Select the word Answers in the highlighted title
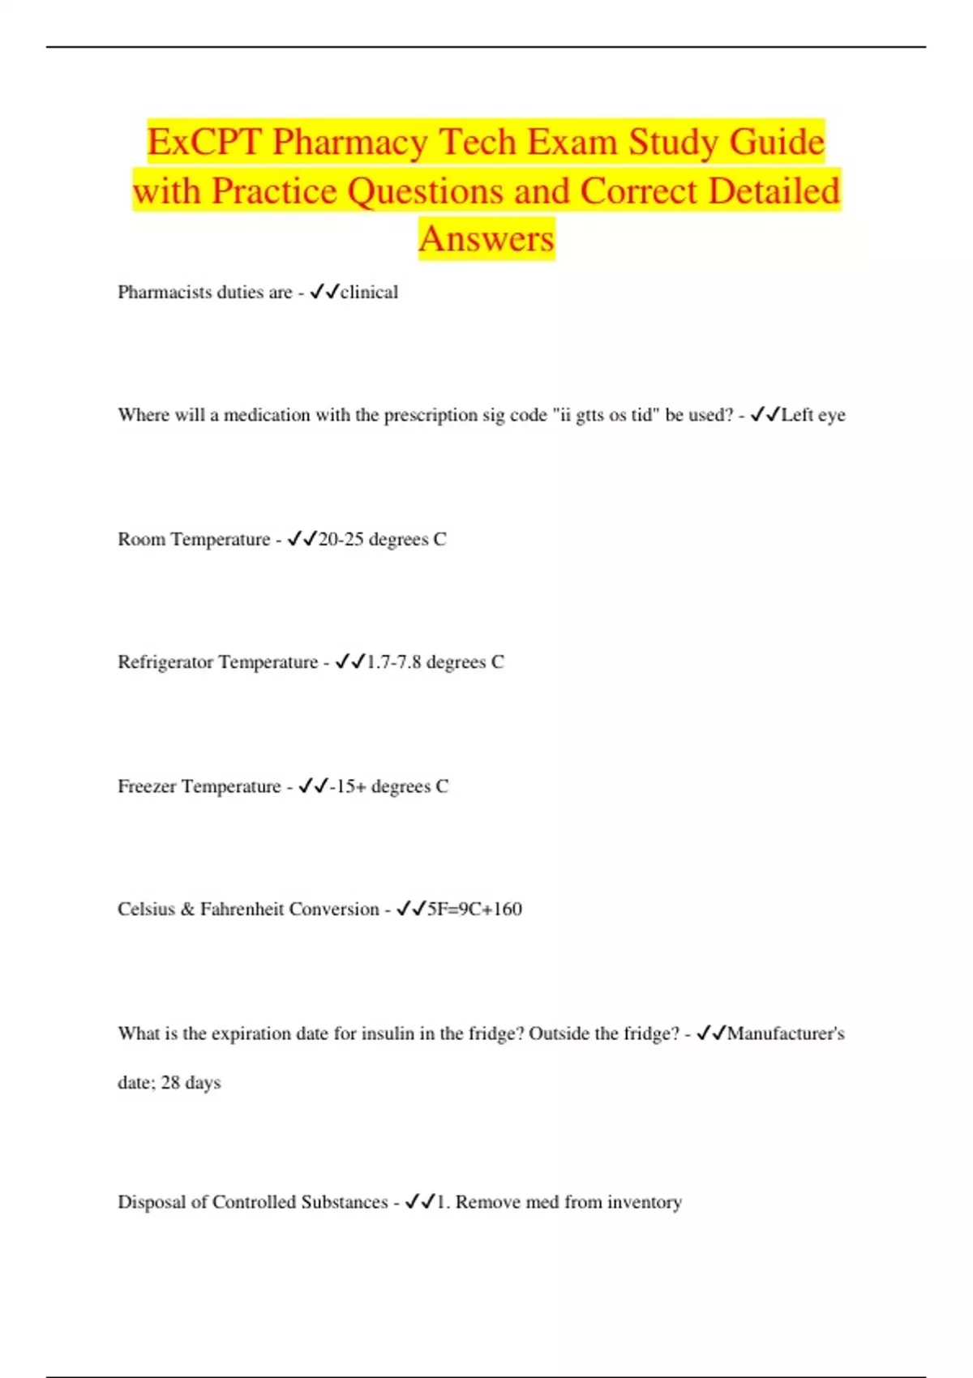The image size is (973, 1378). [486, 239]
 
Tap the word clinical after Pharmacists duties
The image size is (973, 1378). [369, 293]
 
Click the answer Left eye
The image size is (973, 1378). [812, 415]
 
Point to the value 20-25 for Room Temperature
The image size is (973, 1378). [341, 540]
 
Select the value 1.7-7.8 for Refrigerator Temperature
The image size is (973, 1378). [394, 663]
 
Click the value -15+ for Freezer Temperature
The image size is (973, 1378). [348, 787]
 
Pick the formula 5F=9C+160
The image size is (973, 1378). [474, 909]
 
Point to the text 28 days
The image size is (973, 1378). [191, 1083]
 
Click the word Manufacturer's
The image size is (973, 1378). [786, 1034]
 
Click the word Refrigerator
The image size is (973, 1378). [165, 663]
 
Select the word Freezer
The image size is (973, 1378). [147, 787]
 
